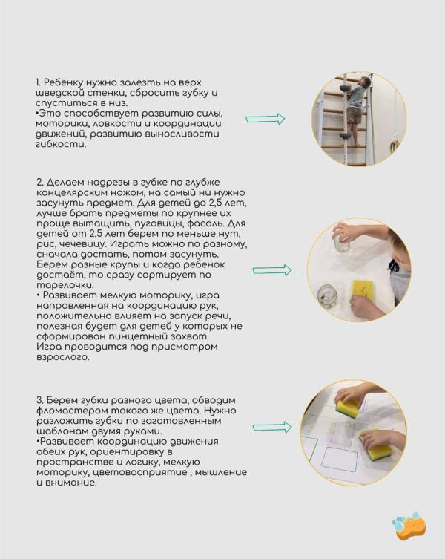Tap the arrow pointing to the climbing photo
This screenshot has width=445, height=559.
tap(266, 119)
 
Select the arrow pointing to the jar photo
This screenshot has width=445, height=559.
tap(271, 272)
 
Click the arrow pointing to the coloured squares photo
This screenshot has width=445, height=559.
tap(271, 427)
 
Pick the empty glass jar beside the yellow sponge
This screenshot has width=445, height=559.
tap(327, 295)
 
